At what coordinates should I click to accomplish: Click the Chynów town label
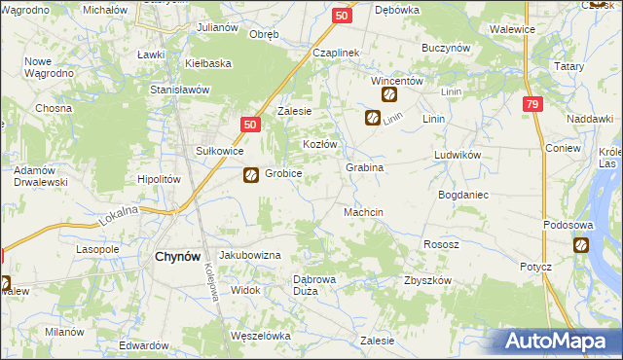click(x=177, y=257)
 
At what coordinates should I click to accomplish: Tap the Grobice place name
click(x=283, y=174)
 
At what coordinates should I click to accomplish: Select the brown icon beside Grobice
click(x=250, y=175)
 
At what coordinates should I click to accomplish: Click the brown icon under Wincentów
click(x=388, y=95)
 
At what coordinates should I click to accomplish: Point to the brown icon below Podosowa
click(x=581, y=246)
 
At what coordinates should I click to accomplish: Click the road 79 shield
click(x=531, y=105)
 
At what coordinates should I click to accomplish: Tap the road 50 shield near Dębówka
click(x=341, y=16)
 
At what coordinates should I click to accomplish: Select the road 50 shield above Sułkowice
click(x=250, y=125)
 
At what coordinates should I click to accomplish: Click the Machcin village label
click(x=363, y=212)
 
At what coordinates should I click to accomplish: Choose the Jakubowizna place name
click(x=250, y=255)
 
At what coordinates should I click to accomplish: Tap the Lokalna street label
click(x=118, y=215)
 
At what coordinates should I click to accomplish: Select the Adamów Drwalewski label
click(x=39, y=176)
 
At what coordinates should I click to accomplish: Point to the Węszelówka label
click(x=261, y=336)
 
